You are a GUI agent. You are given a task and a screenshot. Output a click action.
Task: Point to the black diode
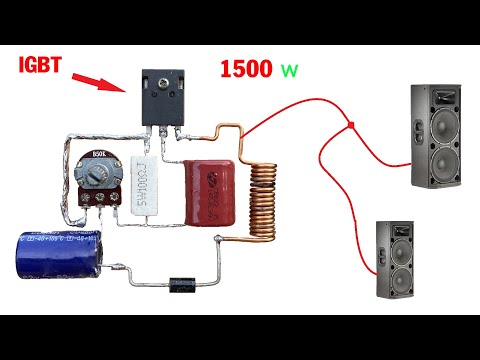tap(182, 284)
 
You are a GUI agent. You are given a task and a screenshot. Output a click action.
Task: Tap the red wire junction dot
tap(352, 125)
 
